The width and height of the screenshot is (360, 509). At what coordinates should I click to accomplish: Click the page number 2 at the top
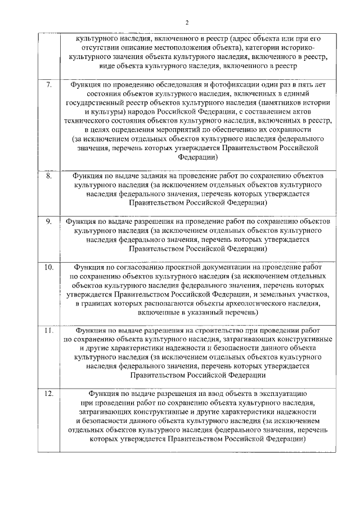pos(188,22)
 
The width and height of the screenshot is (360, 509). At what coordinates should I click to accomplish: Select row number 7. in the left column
pos(49,85)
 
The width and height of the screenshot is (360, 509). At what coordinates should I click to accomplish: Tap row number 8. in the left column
pos(49,176)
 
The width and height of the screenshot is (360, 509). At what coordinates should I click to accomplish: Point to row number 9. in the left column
pos(49,222)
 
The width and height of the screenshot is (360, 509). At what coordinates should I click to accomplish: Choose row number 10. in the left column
pos(49,267)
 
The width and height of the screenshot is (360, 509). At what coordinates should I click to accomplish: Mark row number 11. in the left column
pos(49,331)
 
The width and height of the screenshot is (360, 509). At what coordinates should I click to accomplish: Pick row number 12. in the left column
pos(49,394)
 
